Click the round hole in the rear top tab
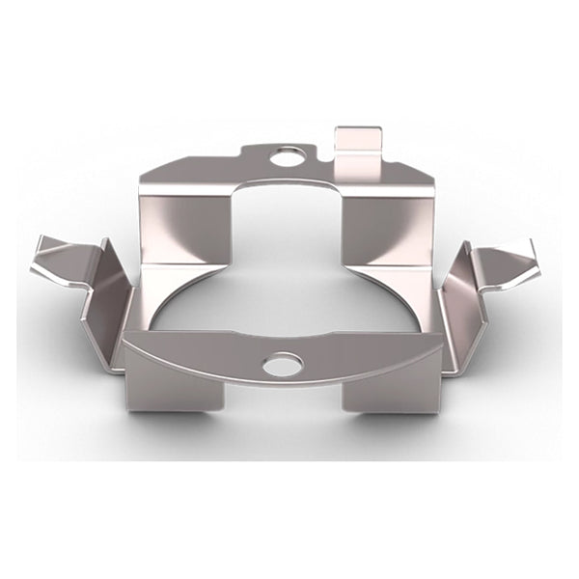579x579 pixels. pos(287,155)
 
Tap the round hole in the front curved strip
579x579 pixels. pos(282,364)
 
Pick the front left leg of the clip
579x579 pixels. pos(174,387)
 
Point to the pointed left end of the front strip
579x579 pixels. pos(128,339)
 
